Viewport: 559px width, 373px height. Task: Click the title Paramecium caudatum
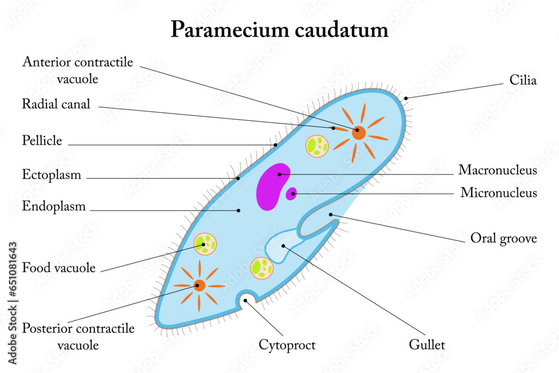coord(279,29)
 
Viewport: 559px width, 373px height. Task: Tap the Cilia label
coord(523,81)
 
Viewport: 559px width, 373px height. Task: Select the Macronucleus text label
coord(498,171)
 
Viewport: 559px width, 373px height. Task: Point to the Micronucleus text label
coord(499,193)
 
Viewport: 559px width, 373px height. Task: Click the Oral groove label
coord(503,239)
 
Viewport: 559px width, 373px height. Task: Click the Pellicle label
coord(42,140)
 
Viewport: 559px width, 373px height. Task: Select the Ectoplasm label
coord(51,174)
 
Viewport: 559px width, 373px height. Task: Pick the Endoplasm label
coord(54,206)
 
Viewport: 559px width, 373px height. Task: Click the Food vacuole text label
coord(59,268)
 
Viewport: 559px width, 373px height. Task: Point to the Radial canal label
coord(56,104)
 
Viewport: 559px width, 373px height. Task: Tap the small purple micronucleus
coord(291,194)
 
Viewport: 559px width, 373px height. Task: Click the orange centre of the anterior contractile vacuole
coord(359,133)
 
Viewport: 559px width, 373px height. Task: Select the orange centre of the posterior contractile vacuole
coord(199,286)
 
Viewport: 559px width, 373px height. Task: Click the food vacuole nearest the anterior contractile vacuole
coord(317,146)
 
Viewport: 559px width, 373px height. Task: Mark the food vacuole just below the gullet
coord(262,268)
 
